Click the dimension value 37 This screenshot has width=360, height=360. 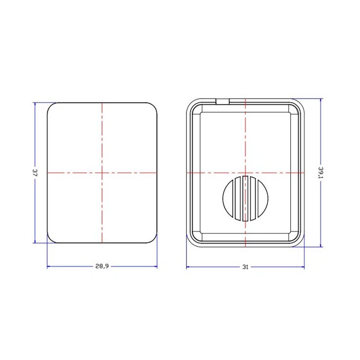click(x=35, y=173)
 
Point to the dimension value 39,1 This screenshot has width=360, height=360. click(x=321, y=173)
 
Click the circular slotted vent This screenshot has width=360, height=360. click(x=245, y=197)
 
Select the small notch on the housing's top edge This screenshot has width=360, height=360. click(x=223, y=101)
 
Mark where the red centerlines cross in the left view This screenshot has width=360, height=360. click(x=102, y=173)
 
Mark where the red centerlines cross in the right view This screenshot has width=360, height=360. click(x=245, y=173)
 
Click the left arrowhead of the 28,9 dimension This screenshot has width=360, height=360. click(x=49, y=267)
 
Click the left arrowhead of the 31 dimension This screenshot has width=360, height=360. click(x=188, y=268)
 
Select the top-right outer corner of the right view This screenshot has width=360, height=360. click(x=301, y=102)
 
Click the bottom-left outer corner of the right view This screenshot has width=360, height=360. click(x=190, y=244)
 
